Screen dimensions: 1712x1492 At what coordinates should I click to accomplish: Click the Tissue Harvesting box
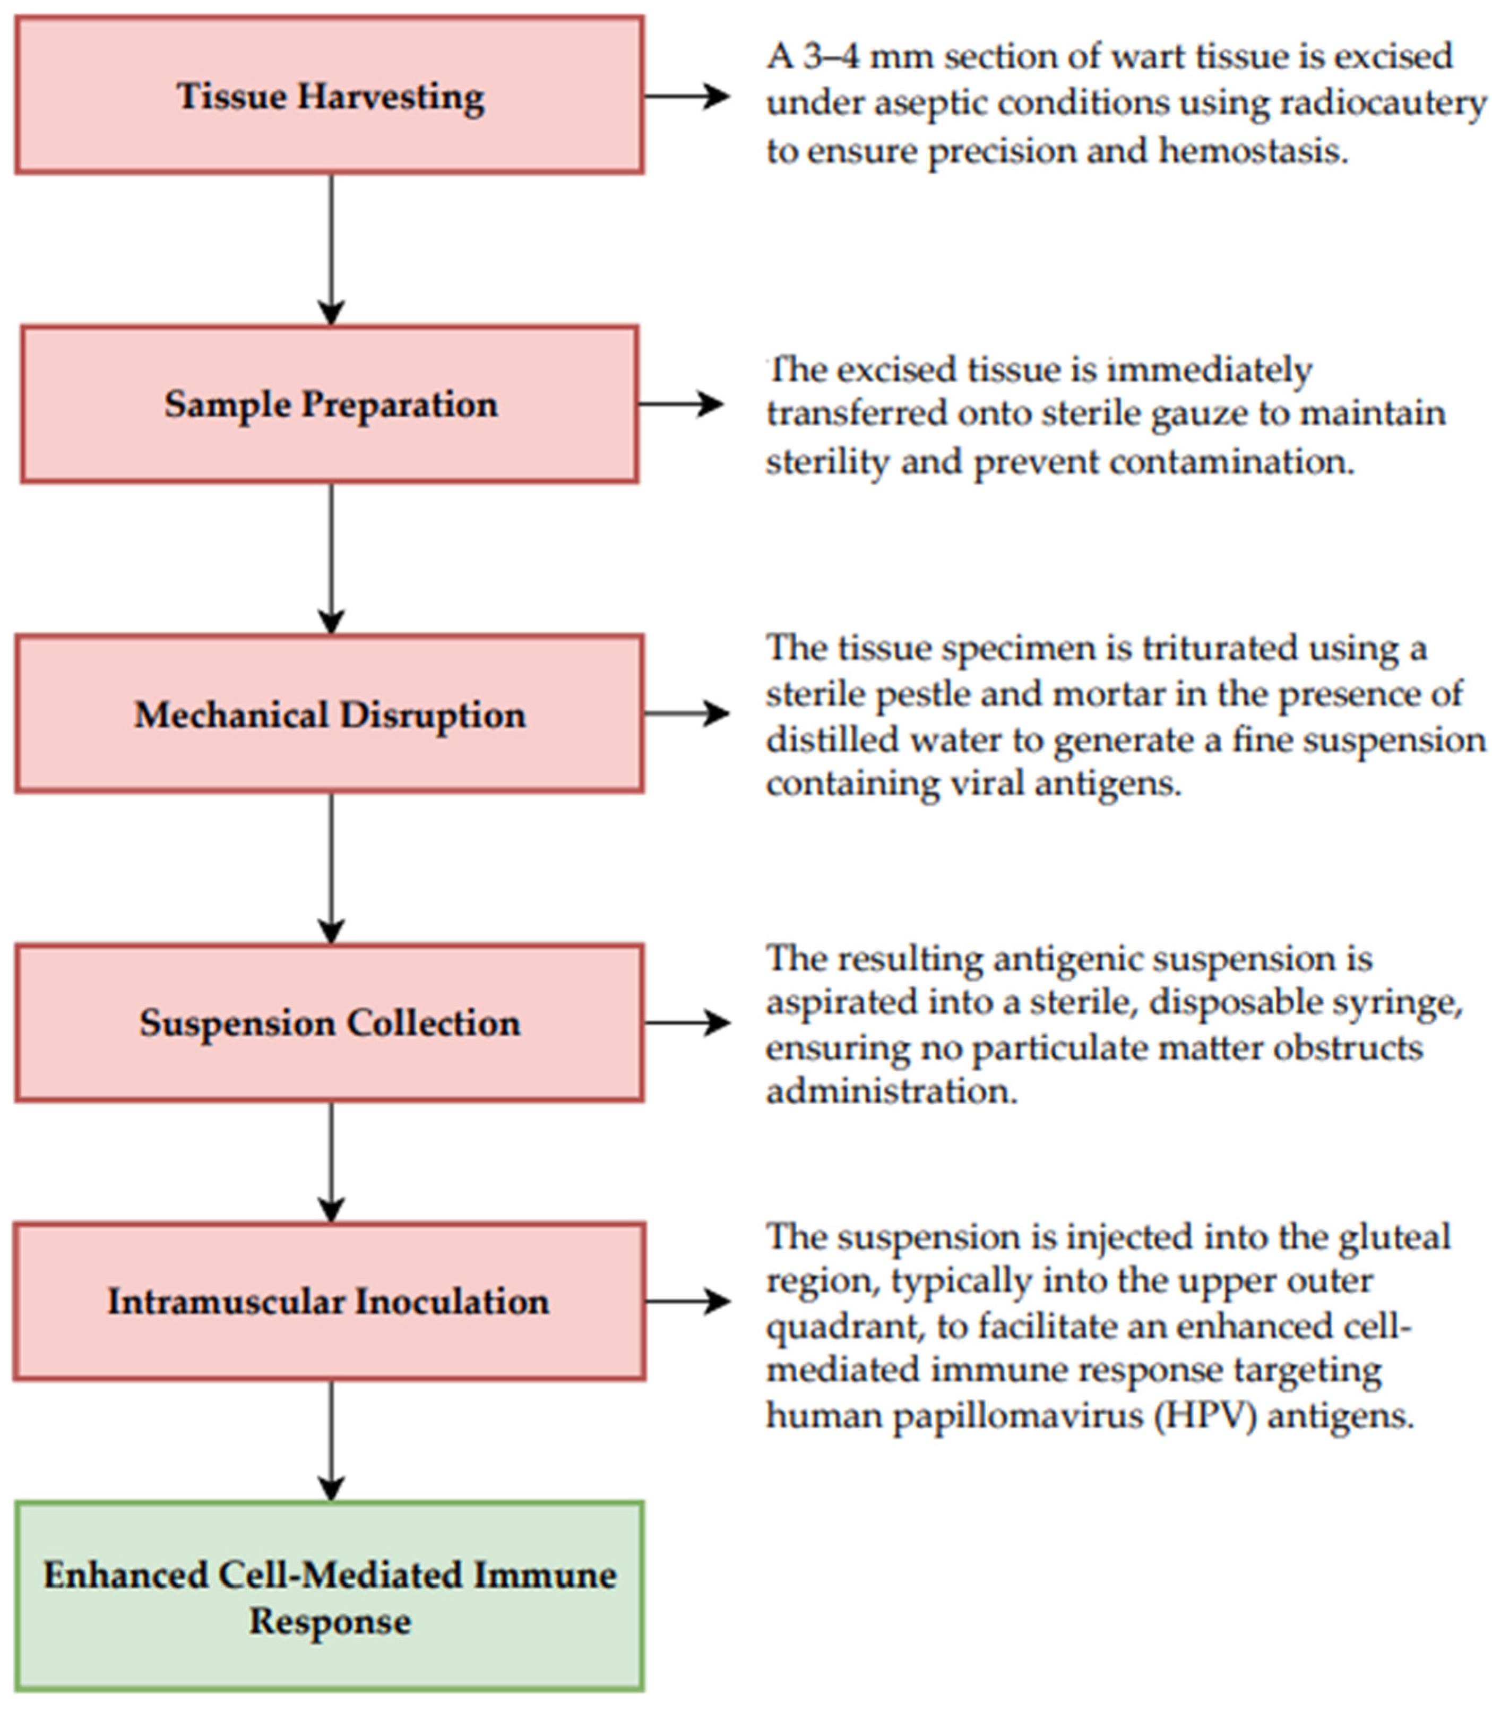[330, 95]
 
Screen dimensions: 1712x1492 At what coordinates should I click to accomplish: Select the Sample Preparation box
[330, 404]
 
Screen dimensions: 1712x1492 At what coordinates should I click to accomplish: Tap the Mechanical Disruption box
[330, 713]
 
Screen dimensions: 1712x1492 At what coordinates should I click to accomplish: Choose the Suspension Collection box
[330, 1022]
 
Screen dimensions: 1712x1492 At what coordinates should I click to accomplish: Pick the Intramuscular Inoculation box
[330, 1302]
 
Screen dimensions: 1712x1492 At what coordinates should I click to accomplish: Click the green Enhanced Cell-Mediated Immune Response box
[330, 1597]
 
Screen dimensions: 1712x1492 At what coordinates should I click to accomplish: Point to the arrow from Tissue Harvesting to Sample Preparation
[331, 250]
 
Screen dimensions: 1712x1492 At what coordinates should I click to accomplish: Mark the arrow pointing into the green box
[331, 1441]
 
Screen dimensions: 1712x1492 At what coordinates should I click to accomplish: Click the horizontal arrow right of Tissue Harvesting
[686, 96]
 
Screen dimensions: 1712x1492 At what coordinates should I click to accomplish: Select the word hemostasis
[1253, 151]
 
